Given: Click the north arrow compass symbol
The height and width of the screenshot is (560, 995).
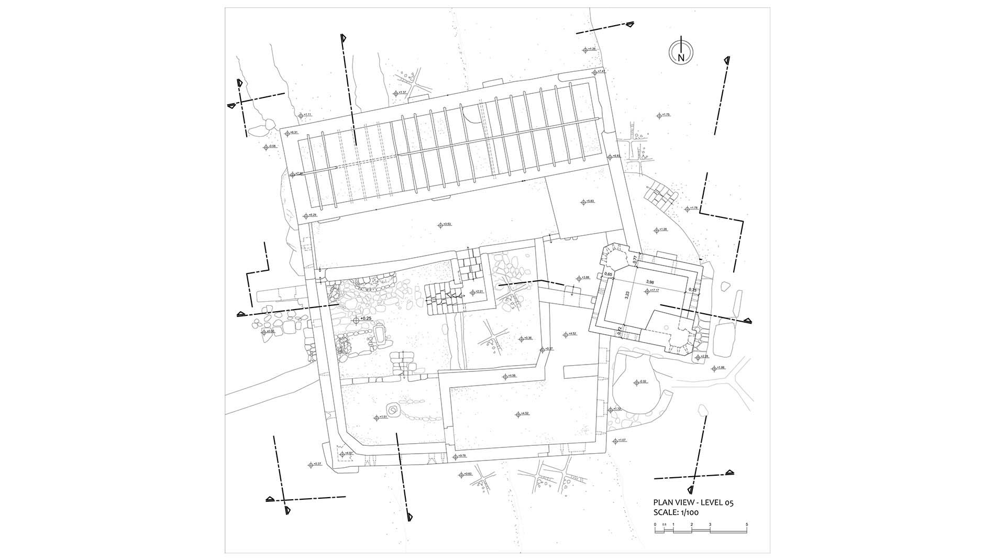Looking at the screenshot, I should coord(681,51).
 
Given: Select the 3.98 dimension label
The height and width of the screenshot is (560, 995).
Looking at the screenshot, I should coord(650,282).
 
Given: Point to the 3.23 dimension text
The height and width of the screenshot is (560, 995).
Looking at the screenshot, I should coord(627,295).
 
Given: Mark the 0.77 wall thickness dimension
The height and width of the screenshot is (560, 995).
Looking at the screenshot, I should coord(635,258).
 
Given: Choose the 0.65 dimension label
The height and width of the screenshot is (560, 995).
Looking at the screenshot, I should coord(609,274).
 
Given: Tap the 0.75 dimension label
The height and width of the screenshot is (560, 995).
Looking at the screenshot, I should coord(692,290).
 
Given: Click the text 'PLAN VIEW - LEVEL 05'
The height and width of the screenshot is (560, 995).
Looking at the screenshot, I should coord(693,502).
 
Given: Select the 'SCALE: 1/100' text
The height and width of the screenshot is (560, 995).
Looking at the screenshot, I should coord(676,513).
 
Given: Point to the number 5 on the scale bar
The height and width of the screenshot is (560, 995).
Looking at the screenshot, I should coord(747,524).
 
